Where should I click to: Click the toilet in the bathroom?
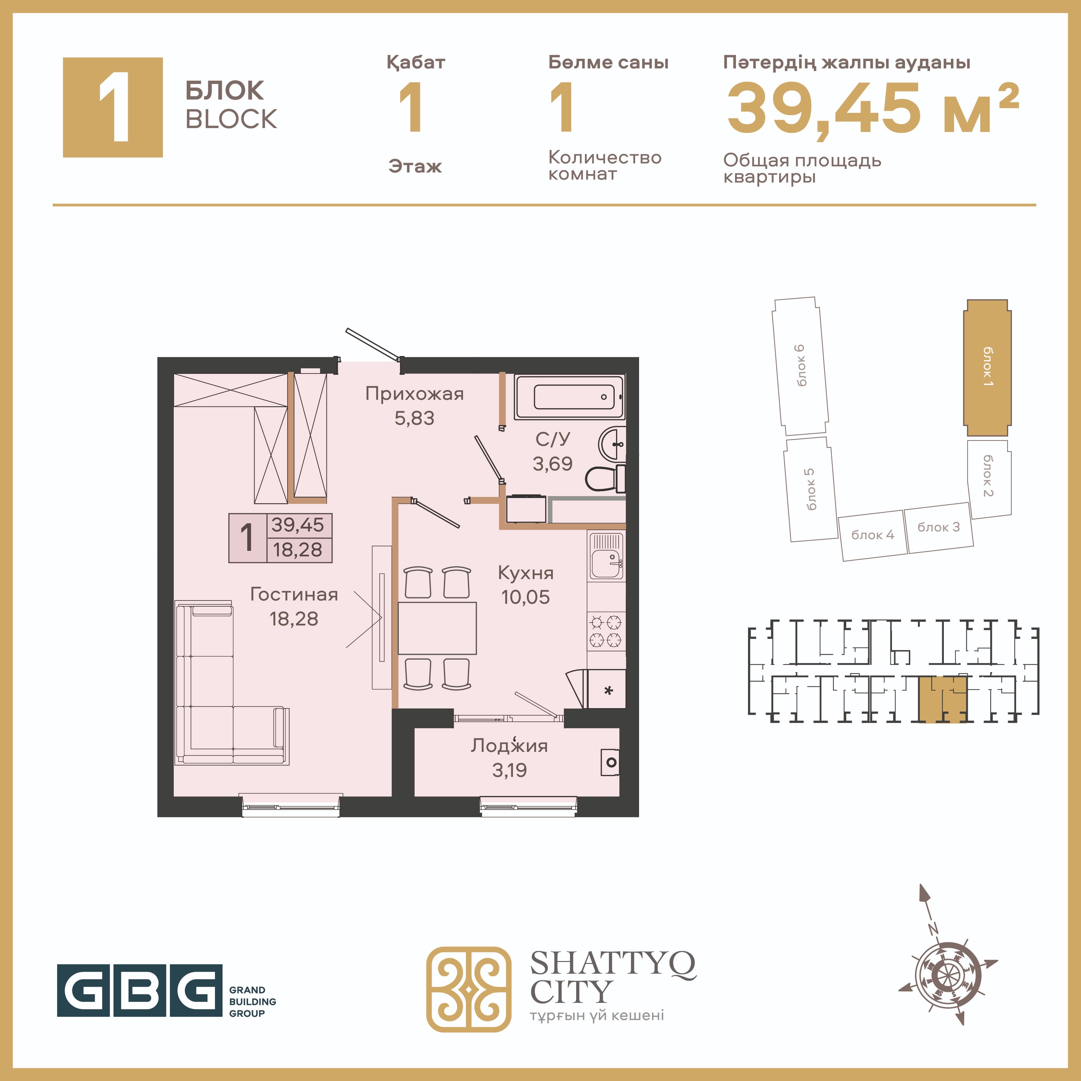[x=605, y=478]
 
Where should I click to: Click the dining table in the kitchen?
[x=437, y=628]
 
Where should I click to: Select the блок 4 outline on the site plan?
[x=873, y=535]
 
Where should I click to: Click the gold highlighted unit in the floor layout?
[x=943, y=699]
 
